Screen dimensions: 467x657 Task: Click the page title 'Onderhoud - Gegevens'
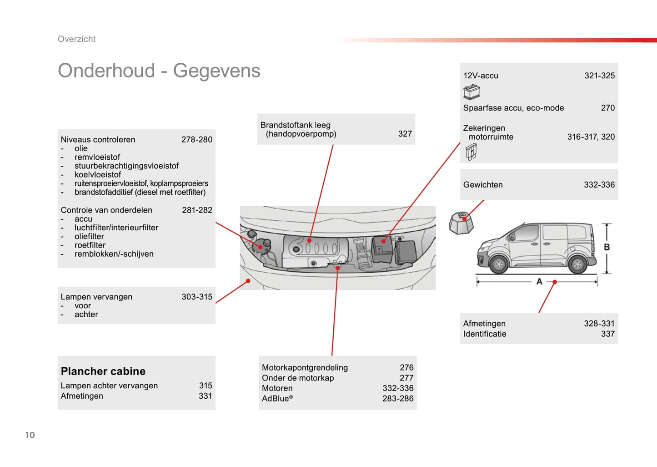point(159,71)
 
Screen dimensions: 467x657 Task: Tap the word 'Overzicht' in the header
point(76,39)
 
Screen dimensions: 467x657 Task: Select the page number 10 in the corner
point(30,435)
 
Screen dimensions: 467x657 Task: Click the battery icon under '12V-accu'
point(471,92)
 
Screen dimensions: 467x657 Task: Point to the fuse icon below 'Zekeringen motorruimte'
point(471,152)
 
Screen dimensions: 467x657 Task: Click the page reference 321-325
point(599,76)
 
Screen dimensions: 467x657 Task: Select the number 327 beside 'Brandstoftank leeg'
point(405,134)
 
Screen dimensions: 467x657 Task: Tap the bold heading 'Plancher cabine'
point(103,371)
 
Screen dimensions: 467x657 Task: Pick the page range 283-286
point(398,399)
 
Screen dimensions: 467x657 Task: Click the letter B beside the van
point(607,247)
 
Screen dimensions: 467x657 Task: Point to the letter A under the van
point(539,282)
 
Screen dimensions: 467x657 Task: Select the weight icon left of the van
point(461,223)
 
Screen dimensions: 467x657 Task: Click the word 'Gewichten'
point(483,185)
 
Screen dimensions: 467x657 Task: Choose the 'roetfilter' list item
point(90,245)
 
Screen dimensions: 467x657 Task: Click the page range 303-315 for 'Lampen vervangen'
point(197,297)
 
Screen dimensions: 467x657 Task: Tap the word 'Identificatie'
point(485,334)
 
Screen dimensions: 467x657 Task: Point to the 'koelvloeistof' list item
point(98,175)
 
